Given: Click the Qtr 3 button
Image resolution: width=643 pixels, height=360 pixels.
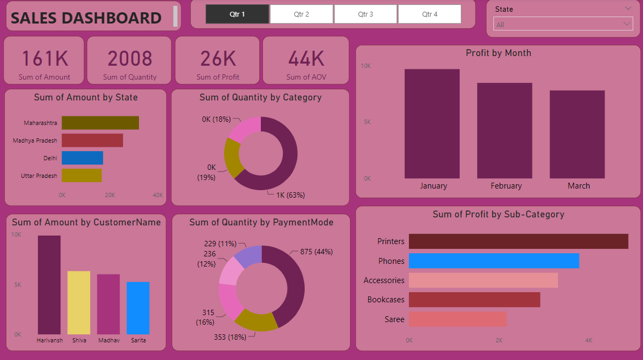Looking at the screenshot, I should [x=366, y=14].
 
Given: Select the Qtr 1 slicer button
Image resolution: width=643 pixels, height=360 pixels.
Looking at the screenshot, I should [x=237, y=14].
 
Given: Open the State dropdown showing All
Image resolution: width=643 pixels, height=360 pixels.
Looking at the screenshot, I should [x=563, y=25].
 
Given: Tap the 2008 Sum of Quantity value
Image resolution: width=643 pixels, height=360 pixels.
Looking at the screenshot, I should [x=130, y=58].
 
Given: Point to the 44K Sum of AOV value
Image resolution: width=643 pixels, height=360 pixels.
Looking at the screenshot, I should [x=306, y=58].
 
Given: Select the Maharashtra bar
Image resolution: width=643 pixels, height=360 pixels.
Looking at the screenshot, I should [x=100, y=123].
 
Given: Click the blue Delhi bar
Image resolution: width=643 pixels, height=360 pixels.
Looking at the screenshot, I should [x=82, y=158].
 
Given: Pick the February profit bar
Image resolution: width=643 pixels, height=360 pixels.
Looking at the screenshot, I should [x=505, y=130].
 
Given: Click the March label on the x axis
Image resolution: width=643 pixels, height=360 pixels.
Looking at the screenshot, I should [x=579, y=186].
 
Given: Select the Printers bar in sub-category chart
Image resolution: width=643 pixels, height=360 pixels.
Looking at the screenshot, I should [x=518, y=241].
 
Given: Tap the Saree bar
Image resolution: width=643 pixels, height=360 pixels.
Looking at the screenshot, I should [x=458, y=319].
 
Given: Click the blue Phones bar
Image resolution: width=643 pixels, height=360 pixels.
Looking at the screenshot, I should [x=494, y=261].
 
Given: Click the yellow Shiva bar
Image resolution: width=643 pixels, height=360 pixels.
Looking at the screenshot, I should [x=79, y=302].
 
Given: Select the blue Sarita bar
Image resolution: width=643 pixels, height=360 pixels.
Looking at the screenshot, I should [x=138, y=308].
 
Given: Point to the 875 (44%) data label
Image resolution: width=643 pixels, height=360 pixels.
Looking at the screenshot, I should [x=316, y=252].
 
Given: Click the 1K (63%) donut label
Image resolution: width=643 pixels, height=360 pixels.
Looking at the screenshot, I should [x=290, y=195].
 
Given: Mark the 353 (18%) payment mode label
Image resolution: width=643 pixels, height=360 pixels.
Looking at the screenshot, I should [x=230, y=336].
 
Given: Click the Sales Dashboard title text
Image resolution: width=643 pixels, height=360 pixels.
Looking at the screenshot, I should [x=86, y=18].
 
